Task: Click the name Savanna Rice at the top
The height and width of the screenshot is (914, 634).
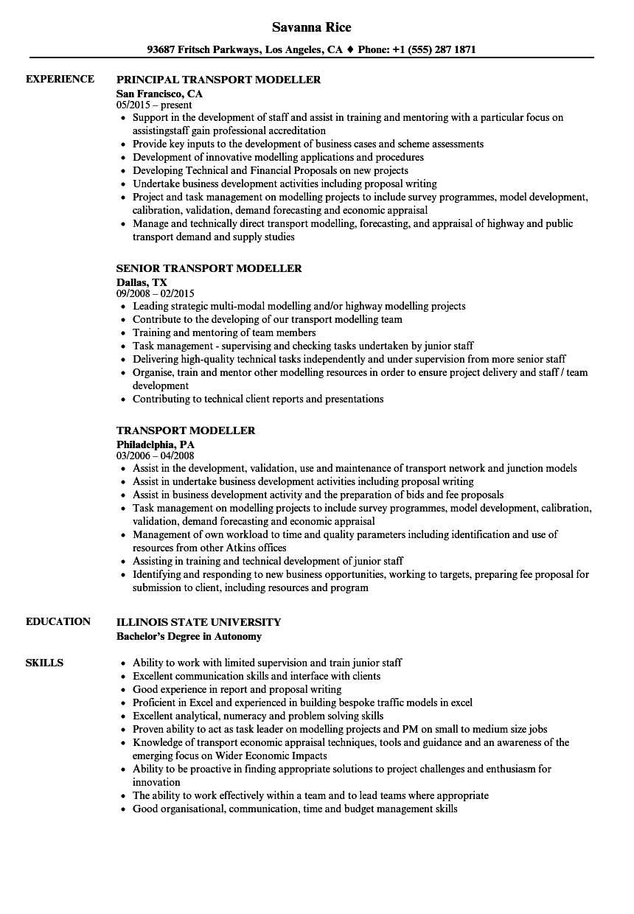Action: pyautogui.click(x=311, y=27)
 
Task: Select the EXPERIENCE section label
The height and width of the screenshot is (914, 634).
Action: pyautogui.click(x=60, y=79)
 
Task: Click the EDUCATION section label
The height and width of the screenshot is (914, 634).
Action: pyautogui.click(x=58, y=621)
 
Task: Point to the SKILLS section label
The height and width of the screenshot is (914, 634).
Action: pyautogui.click(x=44, y=663)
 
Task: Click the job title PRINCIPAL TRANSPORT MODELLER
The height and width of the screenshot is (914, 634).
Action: pyautogui.click(x=219, y=80)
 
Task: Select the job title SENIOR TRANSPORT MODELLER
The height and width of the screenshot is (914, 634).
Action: pyautogui.click(x=209, y=268)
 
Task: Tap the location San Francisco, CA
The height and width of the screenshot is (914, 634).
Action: pyautogui.click(x=159, y=94)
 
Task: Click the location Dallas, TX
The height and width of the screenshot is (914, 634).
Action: pyautogui.click(x=142, y=282)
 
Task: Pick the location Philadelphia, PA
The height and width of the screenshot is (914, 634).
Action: pyautogui.click(x=155, y=444)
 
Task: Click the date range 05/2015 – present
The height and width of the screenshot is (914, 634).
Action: pyautogui.click(x=154, y=105)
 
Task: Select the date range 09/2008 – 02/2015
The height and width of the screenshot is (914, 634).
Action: pyautogui.click(x=156, y=293)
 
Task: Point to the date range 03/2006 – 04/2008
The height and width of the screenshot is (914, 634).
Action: pyautogui.click(x=156, y=456)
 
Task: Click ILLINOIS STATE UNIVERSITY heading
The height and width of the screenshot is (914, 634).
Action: pyautogui.click(x=198, y=622)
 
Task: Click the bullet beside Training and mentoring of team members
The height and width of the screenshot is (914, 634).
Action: pyautogui.click(x=122, y=333)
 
